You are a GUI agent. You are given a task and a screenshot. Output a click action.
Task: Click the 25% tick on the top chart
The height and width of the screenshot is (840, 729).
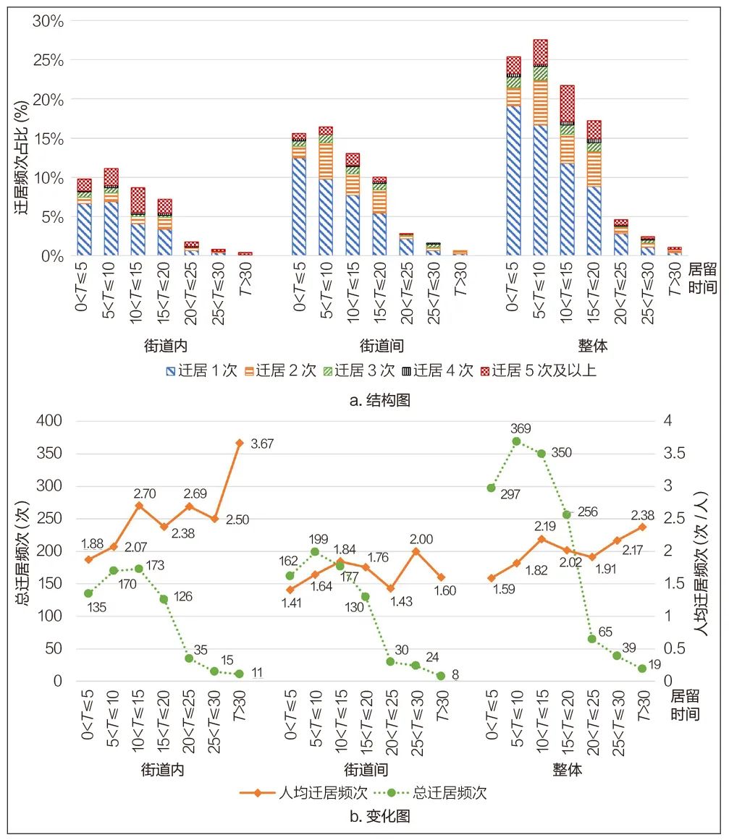click(48, 60)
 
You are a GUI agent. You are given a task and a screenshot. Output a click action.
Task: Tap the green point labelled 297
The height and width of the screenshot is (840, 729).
click(491, 488)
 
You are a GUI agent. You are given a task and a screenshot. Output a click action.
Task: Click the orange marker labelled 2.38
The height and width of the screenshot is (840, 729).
click(642, 526)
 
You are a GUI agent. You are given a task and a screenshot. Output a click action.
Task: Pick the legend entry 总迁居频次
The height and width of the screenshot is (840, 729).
click(444, 792)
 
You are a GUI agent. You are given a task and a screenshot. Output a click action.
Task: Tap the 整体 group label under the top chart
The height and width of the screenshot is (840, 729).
click(593, 347)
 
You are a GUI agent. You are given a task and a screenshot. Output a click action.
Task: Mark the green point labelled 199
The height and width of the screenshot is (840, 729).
click(315, 552)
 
